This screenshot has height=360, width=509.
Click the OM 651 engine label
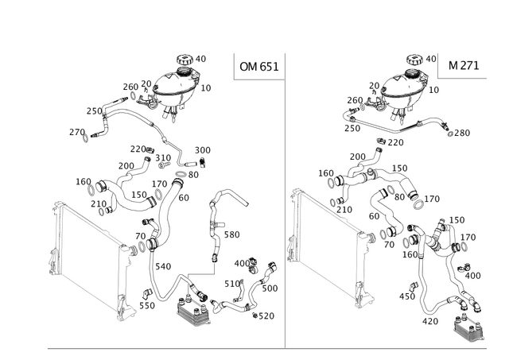click(x=259, y=67)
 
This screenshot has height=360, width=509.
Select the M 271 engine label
click(x=464, y=65)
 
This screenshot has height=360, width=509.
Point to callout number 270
click(x=77, y=133)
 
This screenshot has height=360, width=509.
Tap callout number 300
click(x=203, y=150)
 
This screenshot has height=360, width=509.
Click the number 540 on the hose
click(x=163, y=266)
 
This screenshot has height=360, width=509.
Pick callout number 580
click(x=231, y=234)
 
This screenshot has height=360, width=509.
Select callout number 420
click(x=430, y=321)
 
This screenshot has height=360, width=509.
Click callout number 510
click(x=232, y=285)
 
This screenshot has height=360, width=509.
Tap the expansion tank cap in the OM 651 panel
click(x=185, y=60)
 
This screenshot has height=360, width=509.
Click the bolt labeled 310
click(x=164, y=165)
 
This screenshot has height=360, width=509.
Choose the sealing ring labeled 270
click(x=85, y=137)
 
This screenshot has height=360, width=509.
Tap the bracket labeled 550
click(x=147, y=293)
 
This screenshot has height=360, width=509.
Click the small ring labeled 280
click(x=450, y=134)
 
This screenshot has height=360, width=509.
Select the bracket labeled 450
click(x=414, y=286)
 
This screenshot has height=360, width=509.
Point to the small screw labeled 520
click(x=255, y=315)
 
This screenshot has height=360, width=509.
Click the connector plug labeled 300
click(x=203, y=161)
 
